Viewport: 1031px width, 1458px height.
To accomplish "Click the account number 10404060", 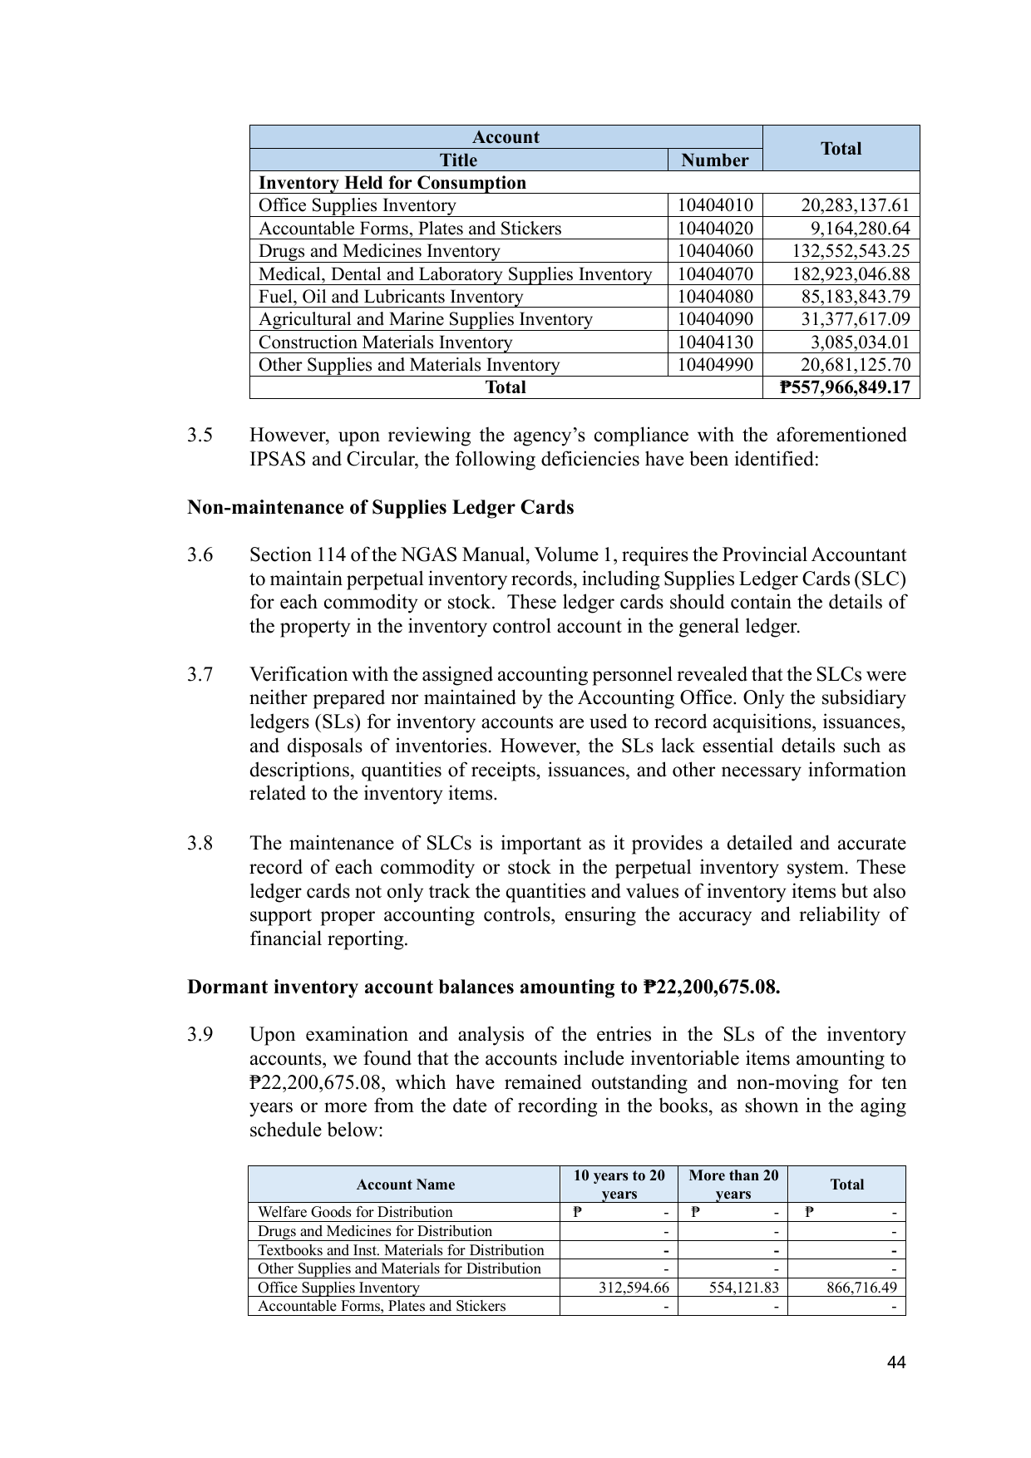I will [714, 251].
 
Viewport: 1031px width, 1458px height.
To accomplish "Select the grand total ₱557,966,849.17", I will [845, 387].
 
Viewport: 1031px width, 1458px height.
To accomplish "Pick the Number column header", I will [714, 160].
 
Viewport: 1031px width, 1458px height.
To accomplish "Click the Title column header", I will [458, 160].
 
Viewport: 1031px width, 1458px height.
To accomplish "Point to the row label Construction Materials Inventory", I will [385, 342].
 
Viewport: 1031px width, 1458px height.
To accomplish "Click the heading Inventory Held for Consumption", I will [392, 183].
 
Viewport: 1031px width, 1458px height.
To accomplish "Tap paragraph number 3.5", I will [200, 436].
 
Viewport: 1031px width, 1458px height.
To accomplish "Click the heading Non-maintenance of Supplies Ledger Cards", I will [380, 508].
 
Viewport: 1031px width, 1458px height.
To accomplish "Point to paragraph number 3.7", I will [200, 675].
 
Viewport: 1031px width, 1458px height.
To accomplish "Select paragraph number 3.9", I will [200, 1035].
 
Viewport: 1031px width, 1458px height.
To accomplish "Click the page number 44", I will [896, 1362].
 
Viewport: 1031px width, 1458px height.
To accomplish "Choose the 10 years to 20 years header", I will [619, 1185].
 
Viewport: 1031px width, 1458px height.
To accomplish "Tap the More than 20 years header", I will [733, 1185].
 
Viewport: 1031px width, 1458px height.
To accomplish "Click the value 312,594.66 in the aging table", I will [634, 1288].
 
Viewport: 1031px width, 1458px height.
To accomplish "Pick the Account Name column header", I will [405, 1185].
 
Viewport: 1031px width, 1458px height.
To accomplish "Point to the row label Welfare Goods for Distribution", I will [355, 1212].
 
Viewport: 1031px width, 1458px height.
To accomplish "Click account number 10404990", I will [714, 365].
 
